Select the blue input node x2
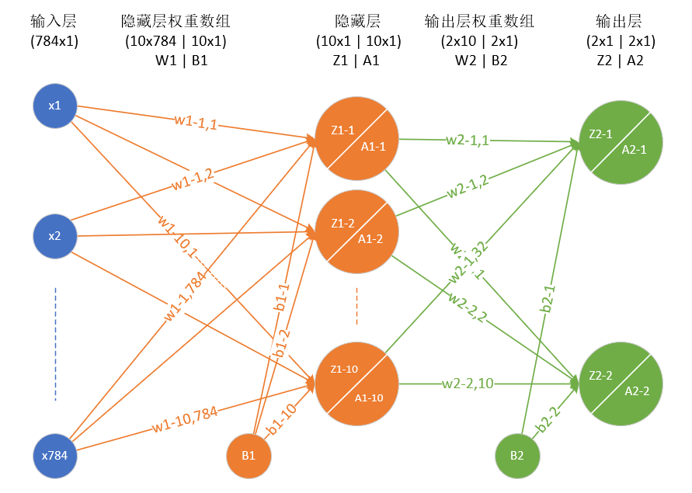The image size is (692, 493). [x=55, y=236]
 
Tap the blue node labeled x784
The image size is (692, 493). [x=55, y=455]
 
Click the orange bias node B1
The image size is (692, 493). [x=249, y=455]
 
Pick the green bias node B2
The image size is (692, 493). [x=518, y=455]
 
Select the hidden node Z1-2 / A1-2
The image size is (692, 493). [x=356, y=231]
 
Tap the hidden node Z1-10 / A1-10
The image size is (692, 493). [x=356, y=381]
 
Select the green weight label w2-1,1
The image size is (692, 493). [x=468, y=141]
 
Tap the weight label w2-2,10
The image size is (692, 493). [x=468, y=383]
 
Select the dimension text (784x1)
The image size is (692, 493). [x=54, y=41]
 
